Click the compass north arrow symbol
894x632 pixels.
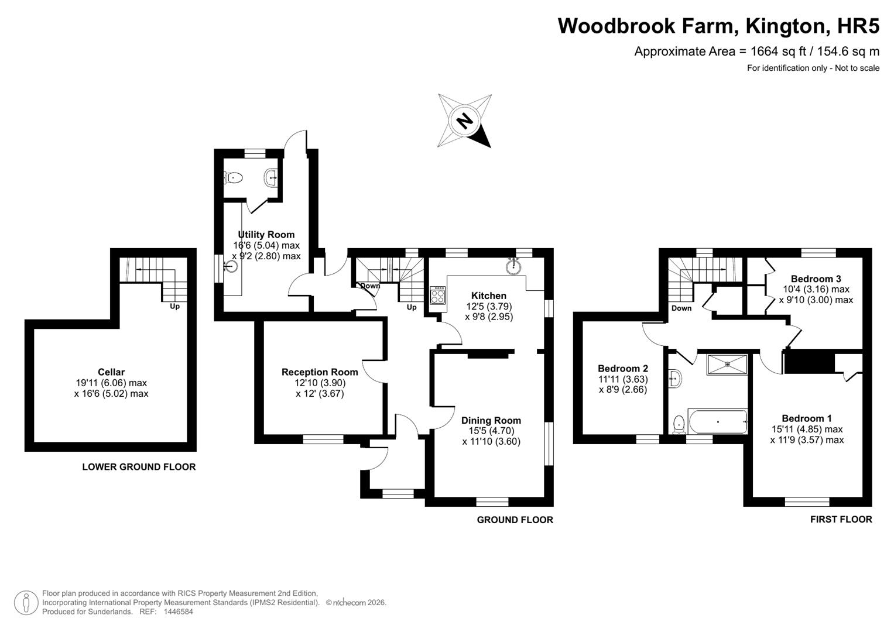pos(464,121)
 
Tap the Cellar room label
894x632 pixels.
pos(111,372)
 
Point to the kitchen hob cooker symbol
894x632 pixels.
pos(437,295)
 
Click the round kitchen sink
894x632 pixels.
pos(514,266)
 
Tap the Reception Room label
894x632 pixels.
pos(320,372)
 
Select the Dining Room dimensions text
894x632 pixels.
pos(491,436)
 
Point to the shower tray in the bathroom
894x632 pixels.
pos(727,365)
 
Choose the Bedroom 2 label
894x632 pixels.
pos(622,369)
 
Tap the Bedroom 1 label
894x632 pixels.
pos(806,418)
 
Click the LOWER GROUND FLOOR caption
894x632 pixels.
pos(139,467)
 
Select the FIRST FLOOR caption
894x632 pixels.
pos(841,519)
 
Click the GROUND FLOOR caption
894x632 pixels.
pos(515,520)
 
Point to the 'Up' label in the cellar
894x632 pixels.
pos(174,306)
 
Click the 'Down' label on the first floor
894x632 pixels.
pos(681,308)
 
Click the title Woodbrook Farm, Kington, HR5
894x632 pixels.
pos(718,26)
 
